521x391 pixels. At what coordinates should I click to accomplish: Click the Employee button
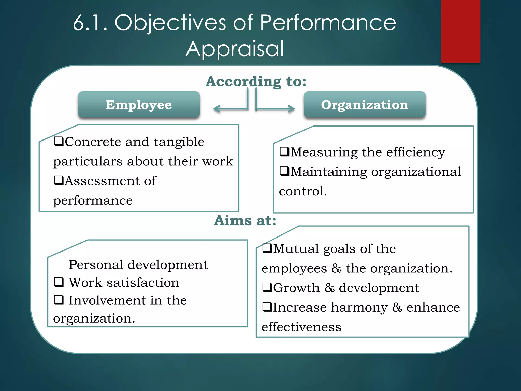pos(139,105)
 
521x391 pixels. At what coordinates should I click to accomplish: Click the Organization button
pos(365,105)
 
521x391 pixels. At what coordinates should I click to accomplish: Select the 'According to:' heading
pos(256,81)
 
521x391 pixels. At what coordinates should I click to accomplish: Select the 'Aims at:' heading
pos(245,220)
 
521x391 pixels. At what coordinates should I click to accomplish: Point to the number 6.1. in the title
pos(90,23)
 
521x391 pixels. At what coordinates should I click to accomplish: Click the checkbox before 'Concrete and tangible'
pos(59,141)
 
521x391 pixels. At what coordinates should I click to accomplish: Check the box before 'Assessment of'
pos(59,180)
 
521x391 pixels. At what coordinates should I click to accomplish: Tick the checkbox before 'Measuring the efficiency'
pos(284,152)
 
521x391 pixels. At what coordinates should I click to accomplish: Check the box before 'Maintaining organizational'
pos(284,171)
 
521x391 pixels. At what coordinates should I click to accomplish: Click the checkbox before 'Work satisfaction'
pos(59,282)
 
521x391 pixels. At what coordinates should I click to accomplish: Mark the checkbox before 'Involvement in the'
pos(59,300)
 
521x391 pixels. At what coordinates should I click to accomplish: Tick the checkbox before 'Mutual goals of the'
pos(267,248)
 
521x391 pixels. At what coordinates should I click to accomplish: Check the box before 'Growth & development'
pos(267,287)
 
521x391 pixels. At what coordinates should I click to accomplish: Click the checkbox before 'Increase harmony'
pos(267,307)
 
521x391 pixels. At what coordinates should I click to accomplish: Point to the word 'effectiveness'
pos(301,327)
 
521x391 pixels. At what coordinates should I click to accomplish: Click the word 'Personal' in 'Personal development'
pos(96,265)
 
